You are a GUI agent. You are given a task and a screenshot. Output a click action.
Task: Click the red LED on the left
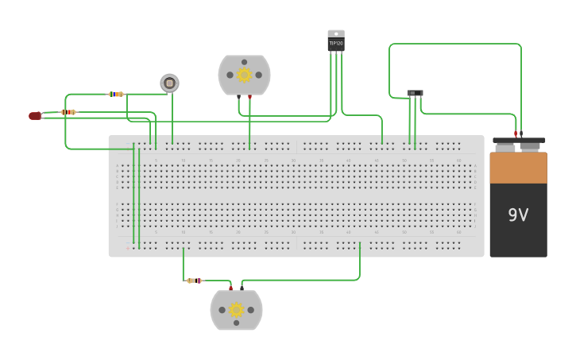click(x=34, y=116)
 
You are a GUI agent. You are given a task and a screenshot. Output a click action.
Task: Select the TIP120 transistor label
click(x=336, y=43)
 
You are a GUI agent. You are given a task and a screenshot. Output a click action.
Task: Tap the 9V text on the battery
click(x=518, y=215)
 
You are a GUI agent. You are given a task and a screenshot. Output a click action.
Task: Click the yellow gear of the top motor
click(x=245, y=75)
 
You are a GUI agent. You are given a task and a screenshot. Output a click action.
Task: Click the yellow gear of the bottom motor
click(x=236, y=310)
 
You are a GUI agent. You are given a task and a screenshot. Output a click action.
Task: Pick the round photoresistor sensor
click(x=169, y=83)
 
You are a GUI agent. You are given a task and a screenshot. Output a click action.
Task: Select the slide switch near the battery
click(x=415, y=93)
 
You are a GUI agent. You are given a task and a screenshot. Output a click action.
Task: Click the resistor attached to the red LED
click(x=68, y=112)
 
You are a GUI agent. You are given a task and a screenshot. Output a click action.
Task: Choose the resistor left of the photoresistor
click(x=116, y=94)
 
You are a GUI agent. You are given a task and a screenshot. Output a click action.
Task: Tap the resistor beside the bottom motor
click(x=194, y=281)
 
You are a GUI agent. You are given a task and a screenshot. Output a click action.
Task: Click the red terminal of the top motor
click(x=249, y=97)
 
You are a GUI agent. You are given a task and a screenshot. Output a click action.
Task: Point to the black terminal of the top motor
click(x=238, y=97)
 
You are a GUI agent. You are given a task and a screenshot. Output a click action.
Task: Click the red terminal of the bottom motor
click(x=231, y=288)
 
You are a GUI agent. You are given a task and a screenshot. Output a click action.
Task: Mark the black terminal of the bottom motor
click(x=242, y=288)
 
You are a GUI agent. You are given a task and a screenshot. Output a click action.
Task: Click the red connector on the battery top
click(x=516, y=134)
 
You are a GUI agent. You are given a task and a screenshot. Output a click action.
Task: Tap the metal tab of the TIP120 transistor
click(x=336, y=33)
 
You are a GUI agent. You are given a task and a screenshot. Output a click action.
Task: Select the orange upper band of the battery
click(x=518, y=168)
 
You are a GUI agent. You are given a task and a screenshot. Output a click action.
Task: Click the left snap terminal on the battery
click(x=505, y=145)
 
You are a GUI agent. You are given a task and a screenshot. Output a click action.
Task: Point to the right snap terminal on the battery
click(x=529, y=145)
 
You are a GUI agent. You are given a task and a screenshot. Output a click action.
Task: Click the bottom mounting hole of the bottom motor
click(x=236, y=327)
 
